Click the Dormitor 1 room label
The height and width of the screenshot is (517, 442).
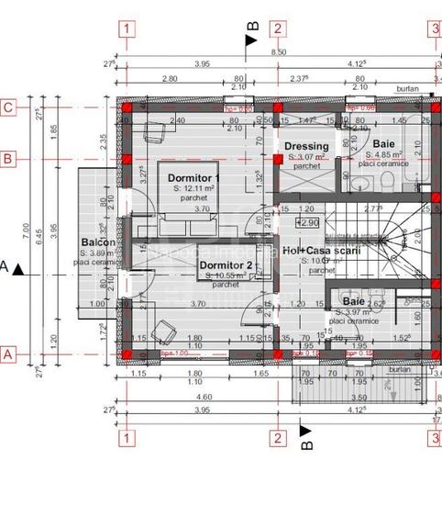coord(193,177)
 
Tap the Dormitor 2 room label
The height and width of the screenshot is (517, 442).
coord(225,265)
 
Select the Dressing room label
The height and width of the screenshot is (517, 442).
coord(306,147)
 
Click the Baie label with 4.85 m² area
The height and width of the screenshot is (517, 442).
coord(383,145)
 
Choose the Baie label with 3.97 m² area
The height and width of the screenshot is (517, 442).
coord(353,300)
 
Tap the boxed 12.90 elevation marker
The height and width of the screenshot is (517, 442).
coord(306,222)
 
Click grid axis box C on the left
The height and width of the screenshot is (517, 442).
coord(8,107)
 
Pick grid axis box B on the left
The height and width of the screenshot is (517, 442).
coord(8,159)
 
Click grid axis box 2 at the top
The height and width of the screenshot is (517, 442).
coord(276,28)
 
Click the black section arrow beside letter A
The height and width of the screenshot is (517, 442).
coord(19,268)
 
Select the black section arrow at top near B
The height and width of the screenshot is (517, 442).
coord(250,39)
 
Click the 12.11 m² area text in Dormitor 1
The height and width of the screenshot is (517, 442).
coord(193,187)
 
